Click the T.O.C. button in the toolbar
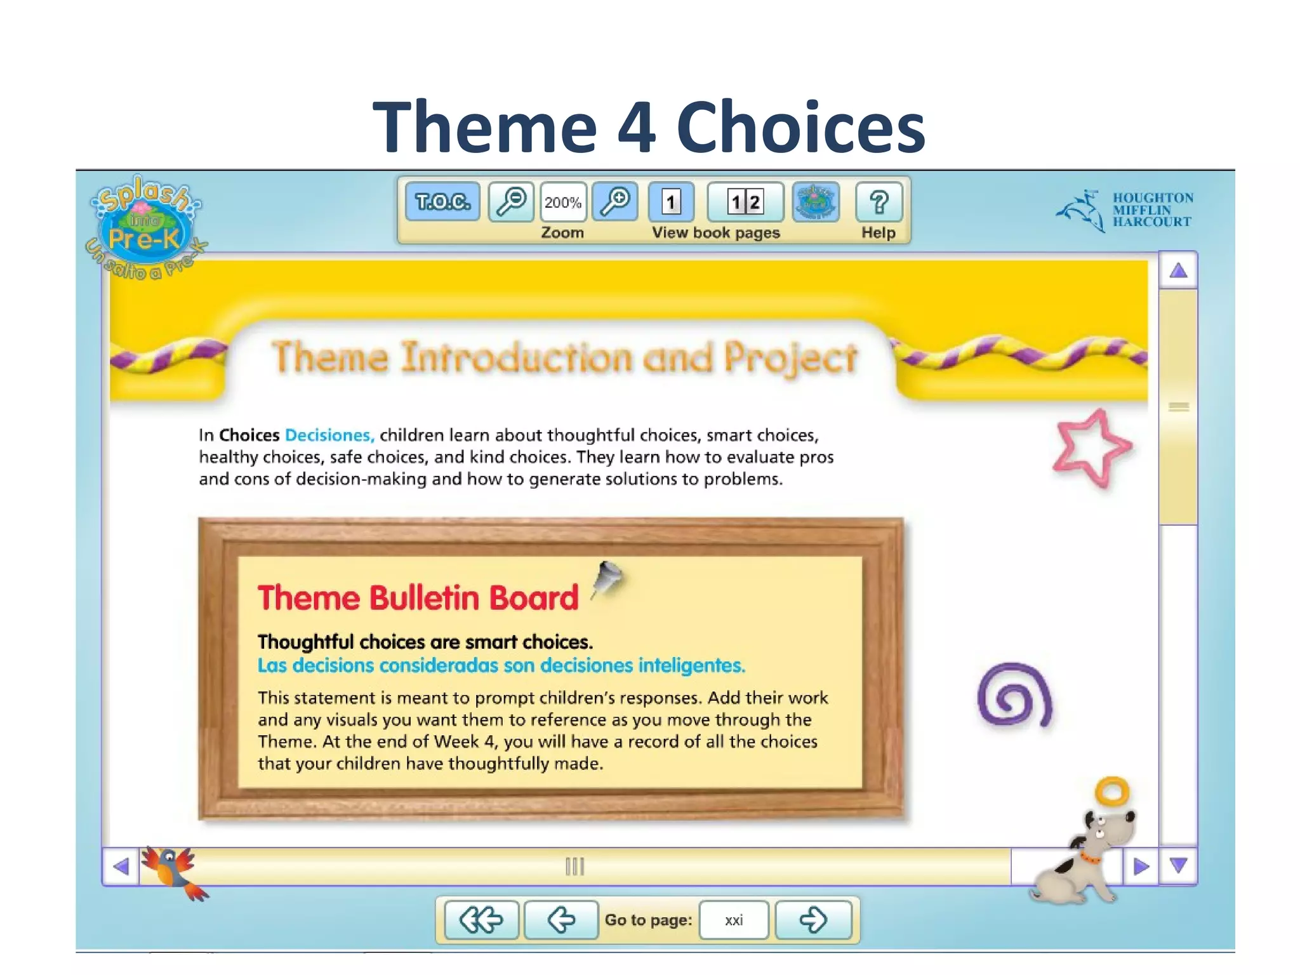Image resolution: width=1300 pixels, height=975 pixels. pos(442,202)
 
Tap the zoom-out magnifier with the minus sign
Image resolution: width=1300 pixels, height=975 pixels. pos(511,202)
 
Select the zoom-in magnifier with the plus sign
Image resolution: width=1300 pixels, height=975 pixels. pos(615,202)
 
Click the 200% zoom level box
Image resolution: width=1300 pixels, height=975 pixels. pos(563,202)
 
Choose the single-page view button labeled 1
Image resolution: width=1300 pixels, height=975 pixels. pos(671,202)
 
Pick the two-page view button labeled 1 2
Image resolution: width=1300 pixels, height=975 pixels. pos(745,202)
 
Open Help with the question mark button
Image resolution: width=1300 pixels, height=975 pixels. pos(879,202)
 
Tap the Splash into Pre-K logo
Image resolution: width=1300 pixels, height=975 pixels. pos(145,226)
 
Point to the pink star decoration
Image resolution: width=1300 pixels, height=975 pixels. pos(1091,448)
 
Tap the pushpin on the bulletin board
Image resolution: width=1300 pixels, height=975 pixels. pos(607,578)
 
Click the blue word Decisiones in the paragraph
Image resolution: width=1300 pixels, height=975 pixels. pos(329,435)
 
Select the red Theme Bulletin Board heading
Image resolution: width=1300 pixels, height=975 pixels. pos(418,598)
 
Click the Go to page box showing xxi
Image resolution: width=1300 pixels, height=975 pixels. pos(734,920)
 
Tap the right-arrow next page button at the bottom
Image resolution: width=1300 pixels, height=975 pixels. pos(813,920)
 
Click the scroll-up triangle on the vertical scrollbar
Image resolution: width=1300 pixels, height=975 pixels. pos(1178,271)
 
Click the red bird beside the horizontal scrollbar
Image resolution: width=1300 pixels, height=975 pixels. pos(173,871)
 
